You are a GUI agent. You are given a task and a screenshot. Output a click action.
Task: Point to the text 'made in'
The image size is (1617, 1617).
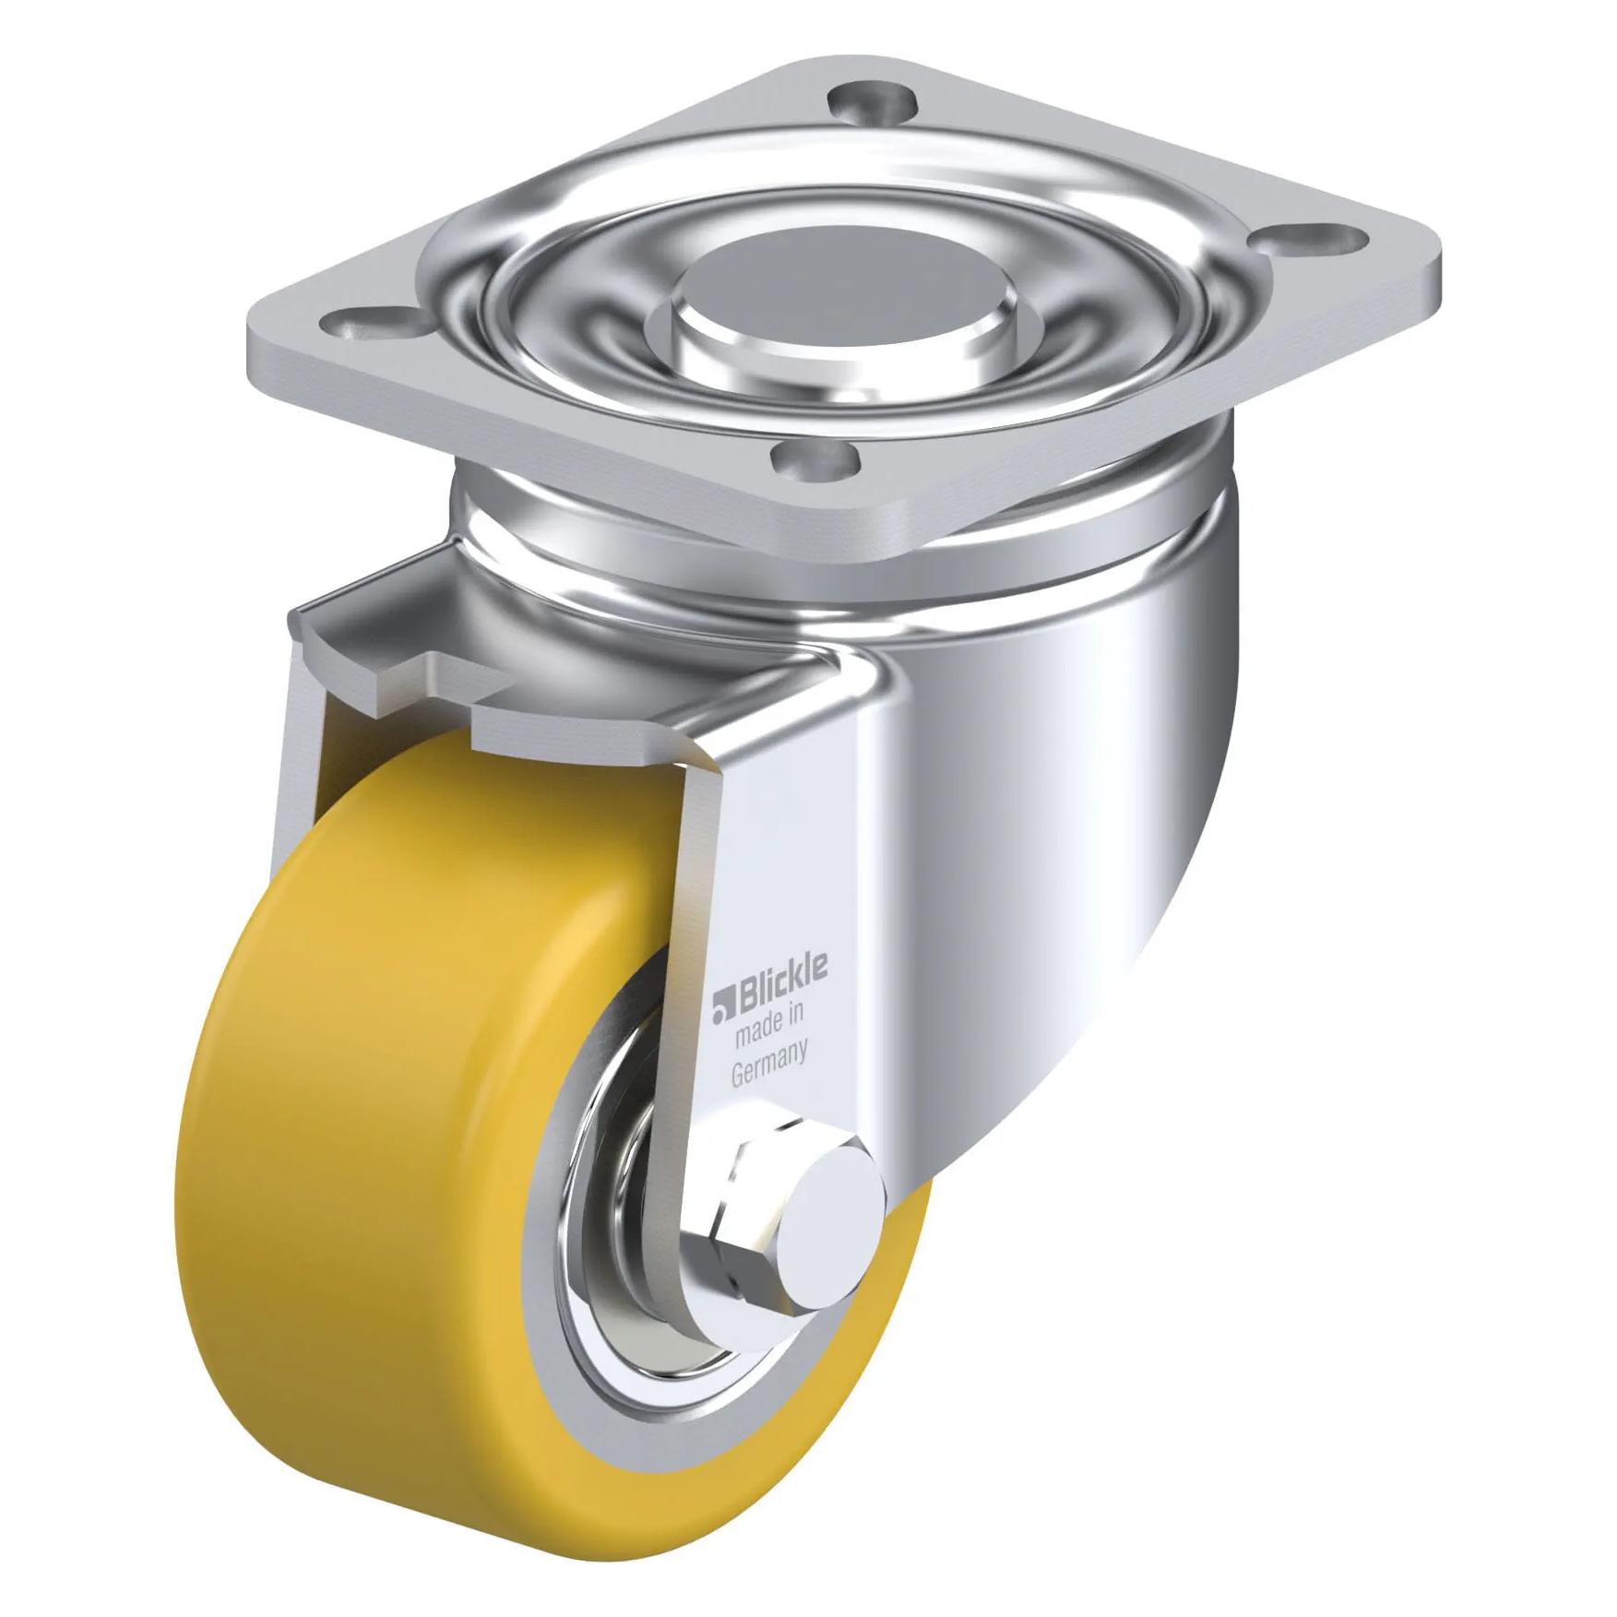pos(770,1027)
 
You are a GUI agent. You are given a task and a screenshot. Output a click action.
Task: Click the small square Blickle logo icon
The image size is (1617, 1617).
pos(721,1007)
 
